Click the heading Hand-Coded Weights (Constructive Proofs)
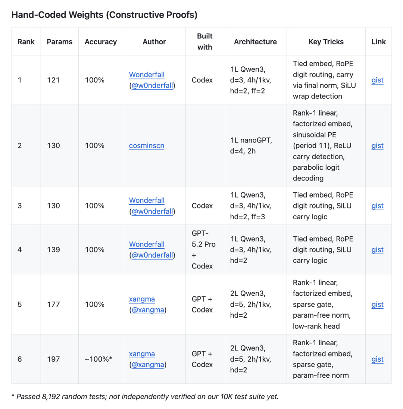tap(104, 15)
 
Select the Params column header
tap(60, 42)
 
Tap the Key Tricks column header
tap(326, 42)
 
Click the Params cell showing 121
tap(53, 80)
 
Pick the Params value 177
tap(53, 304)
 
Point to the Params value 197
tap(53, 359)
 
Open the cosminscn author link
tap(147, 145)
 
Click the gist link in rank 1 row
tap(377, 80)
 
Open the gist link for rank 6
tap(377, 359)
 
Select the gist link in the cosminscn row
tap(377, 145)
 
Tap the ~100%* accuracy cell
tap(99, 359)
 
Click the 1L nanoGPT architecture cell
tap(251, 145)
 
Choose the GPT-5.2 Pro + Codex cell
tap(204, 249)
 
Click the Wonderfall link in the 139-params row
tap(147, 244)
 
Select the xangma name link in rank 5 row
tap(142, 299)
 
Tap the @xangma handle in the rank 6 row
tap(148, 365)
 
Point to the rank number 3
tap(20, 205)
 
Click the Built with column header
tap(204, 42)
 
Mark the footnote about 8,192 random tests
tap(147, 396)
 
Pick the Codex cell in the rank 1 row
tap(202, 80)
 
